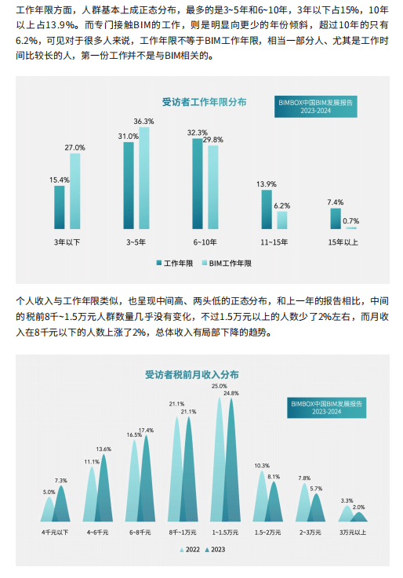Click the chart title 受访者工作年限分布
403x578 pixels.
(x=204, y=102)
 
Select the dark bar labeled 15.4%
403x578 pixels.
(x=60, y=207)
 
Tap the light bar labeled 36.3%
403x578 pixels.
(x=144, y=178)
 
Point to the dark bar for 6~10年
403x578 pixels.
(x=198, y=184)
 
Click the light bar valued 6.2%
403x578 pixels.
(x=282, y=220)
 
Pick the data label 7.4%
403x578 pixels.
(x=336, y=202)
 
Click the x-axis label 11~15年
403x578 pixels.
(x=274, y=242)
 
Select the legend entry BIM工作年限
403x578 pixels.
(x=227, y=264)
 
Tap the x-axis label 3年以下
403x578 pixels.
(x=67, y=242)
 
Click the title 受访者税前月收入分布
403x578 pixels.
(x=192, y=375)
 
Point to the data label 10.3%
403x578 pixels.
(x=262, y=466)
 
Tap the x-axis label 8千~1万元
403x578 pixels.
(x=183, y=533)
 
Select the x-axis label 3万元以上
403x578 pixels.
(x=353, y=533)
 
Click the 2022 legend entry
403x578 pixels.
(x=190, y=550)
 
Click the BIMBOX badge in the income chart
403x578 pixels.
(x=327, y=408)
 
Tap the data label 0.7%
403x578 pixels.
(x=350, y=221)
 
